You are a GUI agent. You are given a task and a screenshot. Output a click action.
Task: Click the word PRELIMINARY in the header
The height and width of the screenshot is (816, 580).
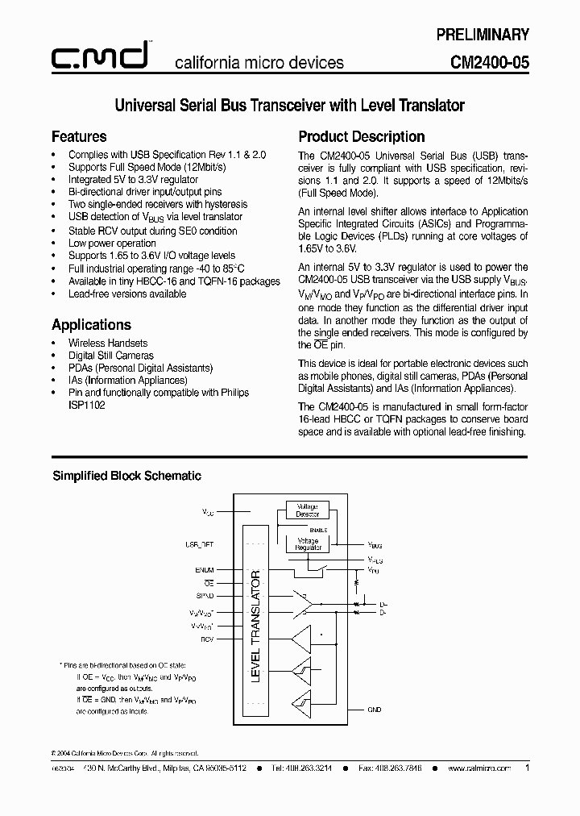coord(483,35)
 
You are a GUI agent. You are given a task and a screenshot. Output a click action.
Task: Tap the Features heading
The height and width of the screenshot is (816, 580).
coord(79,136)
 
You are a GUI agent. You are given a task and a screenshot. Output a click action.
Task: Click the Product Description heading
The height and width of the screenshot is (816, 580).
coord(362,136)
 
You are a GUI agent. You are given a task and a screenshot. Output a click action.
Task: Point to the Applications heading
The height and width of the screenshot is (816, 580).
coord(91,325)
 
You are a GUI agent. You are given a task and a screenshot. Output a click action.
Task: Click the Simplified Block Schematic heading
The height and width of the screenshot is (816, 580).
coord(126,476)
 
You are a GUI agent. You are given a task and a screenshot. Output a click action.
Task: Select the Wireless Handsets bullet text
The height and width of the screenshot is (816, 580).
coord(108,343)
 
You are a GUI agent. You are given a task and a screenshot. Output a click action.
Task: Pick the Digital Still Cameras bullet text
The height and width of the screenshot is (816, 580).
coord(110,356)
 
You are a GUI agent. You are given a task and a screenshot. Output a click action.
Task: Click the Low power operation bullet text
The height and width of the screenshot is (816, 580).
coord(112,243)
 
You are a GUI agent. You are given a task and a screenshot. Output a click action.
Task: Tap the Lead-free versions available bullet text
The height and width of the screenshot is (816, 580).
coord(127,294)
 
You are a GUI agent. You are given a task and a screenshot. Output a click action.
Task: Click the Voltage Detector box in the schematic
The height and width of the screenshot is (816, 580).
coord(307,510)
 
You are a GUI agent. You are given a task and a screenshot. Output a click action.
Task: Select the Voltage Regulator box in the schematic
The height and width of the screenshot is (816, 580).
coord(307,544)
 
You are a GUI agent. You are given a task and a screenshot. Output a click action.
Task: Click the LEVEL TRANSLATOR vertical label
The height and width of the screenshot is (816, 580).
coord(256,626)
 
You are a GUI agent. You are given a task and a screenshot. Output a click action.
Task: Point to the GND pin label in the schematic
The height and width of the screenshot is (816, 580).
coord(374,710)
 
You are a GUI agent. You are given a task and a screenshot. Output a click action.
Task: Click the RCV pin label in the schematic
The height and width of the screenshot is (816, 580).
coord(207,638)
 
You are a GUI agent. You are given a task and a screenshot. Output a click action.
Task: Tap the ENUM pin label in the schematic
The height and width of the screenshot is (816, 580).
coord(205,569)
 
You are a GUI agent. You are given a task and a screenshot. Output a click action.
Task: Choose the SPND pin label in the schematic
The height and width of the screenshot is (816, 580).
coord(205,595)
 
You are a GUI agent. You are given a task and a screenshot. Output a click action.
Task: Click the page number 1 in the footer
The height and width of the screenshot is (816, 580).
coord(527,768)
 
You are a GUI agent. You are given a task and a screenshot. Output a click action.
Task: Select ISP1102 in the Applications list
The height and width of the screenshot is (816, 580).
coord(86,406)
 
